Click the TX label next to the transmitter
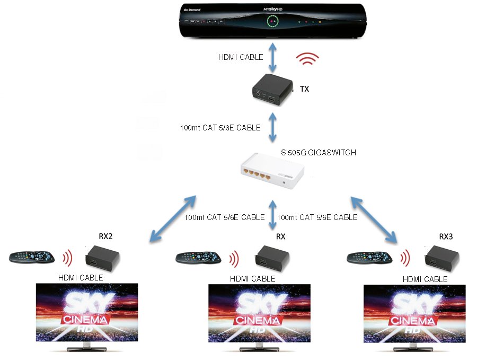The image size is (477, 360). [x=304, y=89]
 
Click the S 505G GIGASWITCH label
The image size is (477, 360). [x=318, y=153]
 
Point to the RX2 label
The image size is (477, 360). [x=105, y=236]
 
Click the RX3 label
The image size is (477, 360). [x=447, y=236]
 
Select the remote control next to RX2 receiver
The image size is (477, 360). [x=32, y=257]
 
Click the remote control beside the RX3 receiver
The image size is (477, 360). [x=369, y=258]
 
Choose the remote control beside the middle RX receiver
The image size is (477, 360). [x=198, y=258]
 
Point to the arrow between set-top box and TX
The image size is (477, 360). [x=273, y=57]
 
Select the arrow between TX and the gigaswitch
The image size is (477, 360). [x=273, y=128]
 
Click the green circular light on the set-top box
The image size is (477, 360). [x=272, y=22]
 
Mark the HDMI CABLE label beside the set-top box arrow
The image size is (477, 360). [x=241, y=57]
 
